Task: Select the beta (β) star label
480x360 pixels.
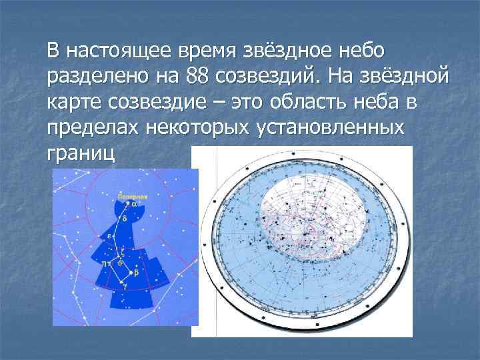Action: (x=136, y=273)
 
